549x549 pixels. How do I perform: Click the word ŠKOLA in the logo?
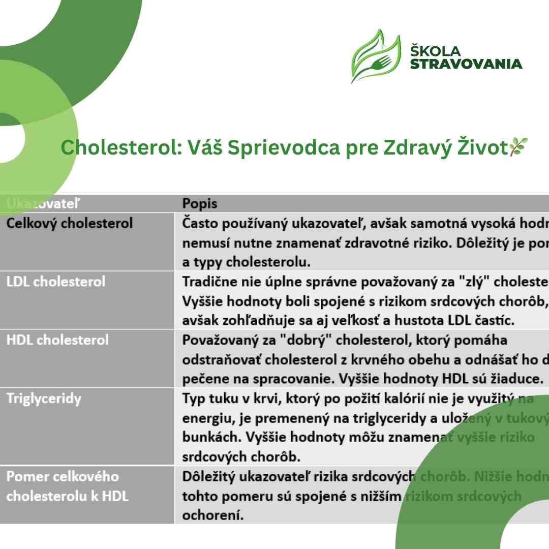click(x=436, y=51)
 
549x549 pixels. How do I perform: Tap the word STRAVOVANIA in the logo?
click(x=466, y=64)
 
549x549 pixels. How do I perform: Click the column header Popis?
click(x=200, y=204)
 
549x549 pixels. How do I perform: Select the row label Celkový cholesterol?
click(x=70, y=223)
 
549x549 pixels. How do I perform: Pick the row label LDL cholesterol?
click(x=56, y=282)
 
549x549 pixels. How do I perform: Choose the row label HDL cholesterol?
click(x=57, y=340)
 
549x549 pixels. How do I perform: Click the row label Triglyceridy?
click(x=44, y=398)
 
